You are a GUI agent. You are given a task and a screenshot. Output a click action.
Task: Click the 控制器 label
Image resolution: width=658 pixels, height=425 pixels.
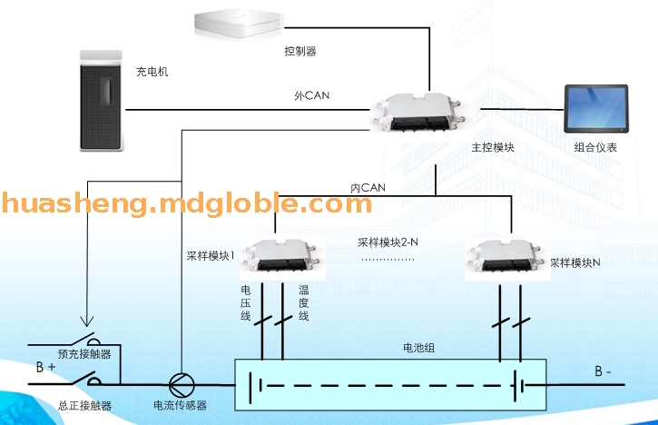[x=300, y=52]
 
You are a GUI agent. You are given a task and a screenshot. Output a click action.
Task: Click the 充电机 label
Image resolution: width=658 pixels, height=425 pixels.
[x=152, y=71]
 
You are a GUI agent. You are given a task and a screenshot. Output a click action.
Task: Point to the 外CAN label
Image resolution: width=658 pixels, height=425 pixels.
[x=309, y=95]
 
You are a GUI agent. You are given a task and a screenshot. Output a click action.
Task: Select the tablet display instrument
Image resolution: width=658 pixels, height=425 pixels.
[x=594, y=109]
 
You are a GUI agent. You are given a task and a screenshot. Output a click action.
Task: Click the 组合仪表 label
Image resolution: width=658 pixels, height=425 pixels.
[x=596, y=146]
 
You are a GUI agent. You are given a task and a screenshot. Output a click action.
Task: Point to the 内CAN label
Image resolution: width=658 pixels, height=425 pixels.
[x=368, y=187]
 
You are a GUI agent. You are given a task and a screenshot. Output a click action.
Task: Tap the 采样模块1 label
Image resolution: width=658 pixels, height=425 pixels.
[x=211, y=256]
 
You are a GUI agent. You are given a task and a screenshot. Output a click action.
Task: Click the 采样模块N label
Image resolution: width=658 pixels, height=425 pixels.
[x=575, y=262]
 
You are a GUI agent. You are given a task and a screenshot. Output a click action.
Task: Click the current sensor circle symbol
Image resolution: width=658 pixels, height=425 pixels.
[x=180, y=384]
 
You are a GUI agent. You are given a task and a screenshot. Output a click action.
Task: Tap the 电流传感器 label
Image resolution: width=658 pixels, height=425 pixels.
[x=180, y=406]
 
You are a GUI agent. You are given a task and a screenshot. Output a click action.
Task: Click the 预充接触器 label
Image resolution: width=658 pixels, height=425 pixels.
[x=84, y=353]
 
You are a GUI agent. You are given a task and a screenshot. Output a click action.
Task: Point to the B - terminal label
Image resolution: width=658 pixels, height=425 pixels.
[x=604, y=371]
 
